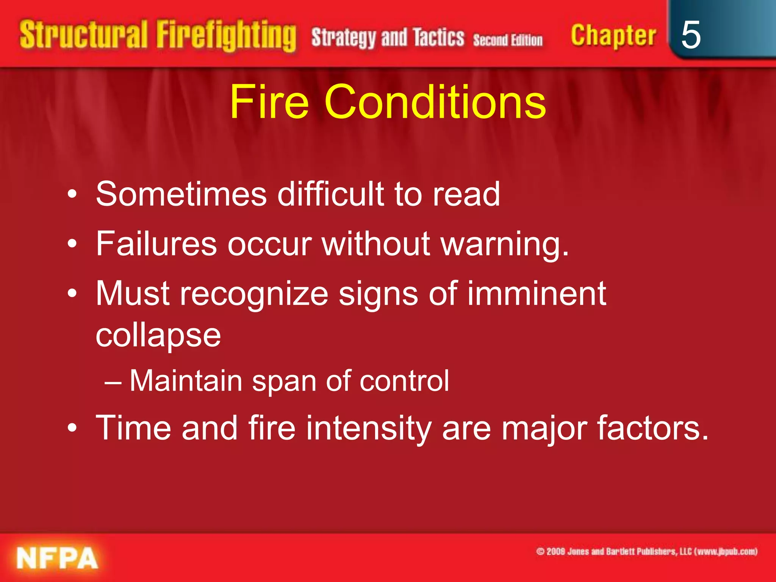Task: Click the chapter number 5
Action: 691,35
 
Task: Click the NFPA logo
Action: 57,558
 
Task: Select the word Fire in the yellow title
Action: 269,102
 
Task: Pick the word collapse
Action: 158,336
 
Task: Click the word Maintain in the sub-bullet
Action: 186,380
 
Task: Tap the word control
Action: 404,380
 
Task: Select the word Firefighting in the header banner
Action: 226,36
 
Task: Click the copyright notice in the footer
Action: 646,552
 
